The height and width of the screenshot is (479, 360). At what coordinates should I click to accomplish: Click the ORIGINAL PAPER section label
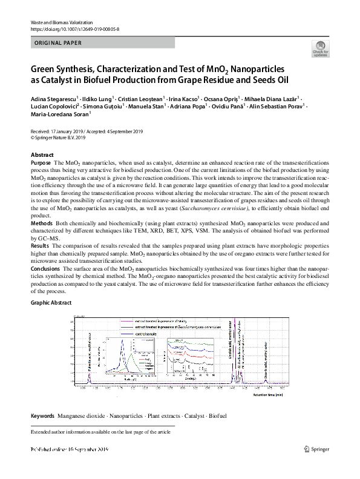(x=55, y=43)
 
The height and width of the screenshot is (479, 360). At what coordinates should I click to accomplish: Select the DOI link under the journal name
(x=67, y=29)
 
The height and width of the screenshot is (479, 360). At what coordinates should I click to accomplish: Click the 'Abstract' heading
(x=42, y=155)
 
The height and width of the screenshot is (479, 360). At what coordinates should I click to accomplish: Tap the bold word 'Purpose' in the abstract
(x=41, y=164)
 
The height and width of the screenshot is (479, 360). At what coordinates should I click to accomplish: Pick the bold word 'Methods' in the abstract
(x=41, y=223)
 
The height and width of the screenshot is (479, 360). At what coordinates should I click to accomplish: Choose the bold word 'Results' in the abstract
(x=40, y=247)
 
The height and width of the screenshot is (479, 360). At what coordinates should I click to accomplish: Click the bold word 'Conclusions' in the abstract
(x=45, y=268)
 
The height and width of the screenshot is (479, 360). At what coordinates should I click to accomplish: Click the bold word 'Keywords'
(x=42, y=417)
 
